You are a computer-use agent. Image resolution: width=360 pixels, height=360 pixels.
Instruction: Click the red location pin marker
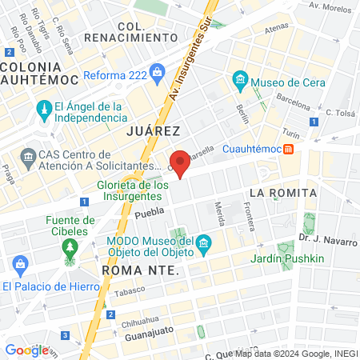tap(181, 162)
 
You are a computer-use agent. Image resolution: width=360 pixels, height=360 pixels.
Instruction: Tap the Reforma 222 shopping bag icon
tap(156, 74)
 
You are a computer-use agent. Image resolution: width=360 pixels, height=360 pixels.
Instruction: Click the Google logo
tap(26, 350)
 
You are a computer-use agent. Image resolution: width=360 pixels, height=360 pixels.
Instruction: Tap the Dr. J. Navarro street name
tap(324, 237)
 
